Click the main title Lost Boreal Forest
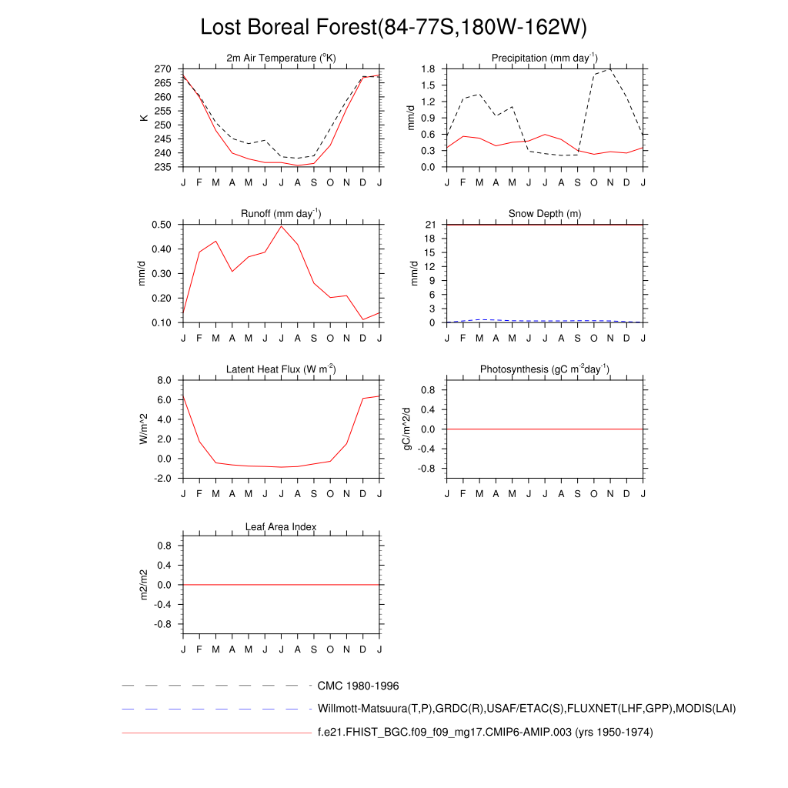[x=393, y=27]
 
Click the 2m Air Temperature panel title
[x=281, y=58]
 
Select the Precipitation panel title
[x=545, y=58]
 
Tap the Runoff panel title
[x=281, y=214]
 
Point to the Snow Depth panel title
[x=545, y=214]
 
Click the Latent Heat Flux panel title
[x=281, y=369]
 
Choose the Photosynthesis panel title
[x=545, y=369]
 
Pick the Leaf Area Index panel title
[x=281, y=527]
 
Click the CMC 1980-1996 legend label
[x=358, y=686]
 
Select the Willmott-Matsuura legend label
[x=526, y=709]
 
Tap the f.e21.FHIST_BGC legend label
[x=485, y=733]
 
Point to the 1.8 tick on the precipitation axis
[x=429, y=69]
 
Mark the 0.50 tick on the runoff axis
[x=160, y=225]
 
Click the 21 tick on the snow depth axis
[x=431, y=225]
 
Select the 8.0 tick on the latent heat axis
[x=163, y=380]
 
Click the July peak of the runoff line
[x=281, y=225]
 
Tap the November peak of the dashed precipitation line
[x=610, y=69]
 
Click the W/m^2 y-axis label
[x=143, y=429]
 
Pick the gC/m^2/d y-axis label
[x=408, y=429]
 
